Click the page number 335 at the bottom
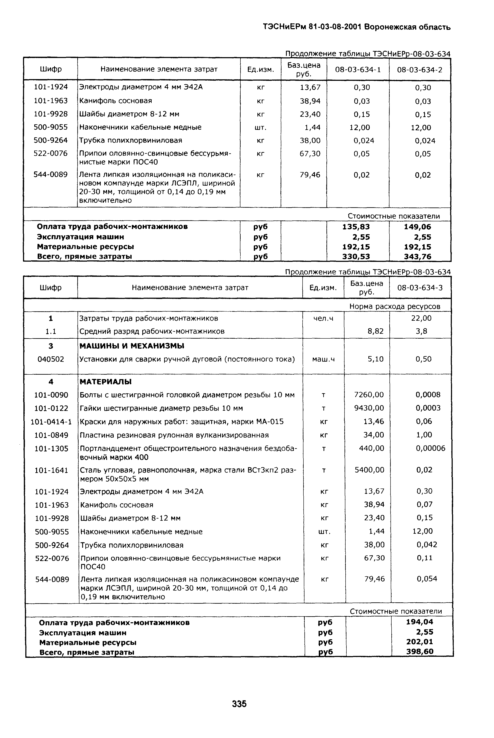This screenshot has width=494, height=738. click(239, 704)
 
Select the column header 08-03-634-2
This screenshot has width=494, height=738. click(420, 70)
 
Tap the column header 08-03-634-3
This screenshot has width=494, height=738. click(420, 288)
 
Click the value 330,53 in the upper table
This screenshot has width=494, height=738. click(356, 257)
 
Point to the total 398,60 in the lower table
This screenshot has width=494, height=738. click(420, 652)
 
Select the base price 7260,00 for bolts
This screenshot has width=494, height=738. click(369, 395)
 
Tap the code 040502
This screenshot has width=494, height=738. click(51, 359)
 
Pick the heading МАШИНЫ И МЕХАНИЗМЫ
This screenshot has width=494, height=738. click(132, 346)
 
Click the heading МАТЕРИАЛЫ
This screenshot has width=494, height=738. click(106, 382)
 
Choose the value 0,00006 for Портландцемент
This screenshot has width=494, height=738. click(430, 448)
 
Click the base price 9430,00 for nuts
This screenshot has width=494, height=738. click(369, 408)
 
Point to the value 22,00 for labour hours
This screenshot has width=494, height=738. click(421, 318)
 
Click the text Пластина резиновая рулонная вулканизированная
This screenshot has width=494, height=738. click(174, 435)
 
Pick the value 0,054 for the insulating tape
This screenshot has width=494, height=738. click(427, 579)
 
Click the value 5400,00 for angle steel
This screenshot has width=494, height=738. click(369, 470)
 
